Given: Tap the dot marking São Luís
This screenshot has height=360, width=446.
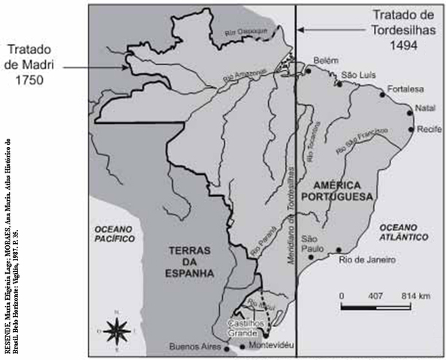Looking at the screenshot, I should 340,84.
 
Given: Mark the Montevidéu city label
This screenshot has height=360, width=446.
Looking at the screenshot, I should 268,345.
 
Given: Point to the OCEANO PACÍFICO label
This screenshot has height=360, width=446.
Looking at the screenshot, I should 109,232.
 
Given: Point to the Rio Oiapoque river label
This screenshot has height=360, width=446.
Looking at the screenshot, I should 247,33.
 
